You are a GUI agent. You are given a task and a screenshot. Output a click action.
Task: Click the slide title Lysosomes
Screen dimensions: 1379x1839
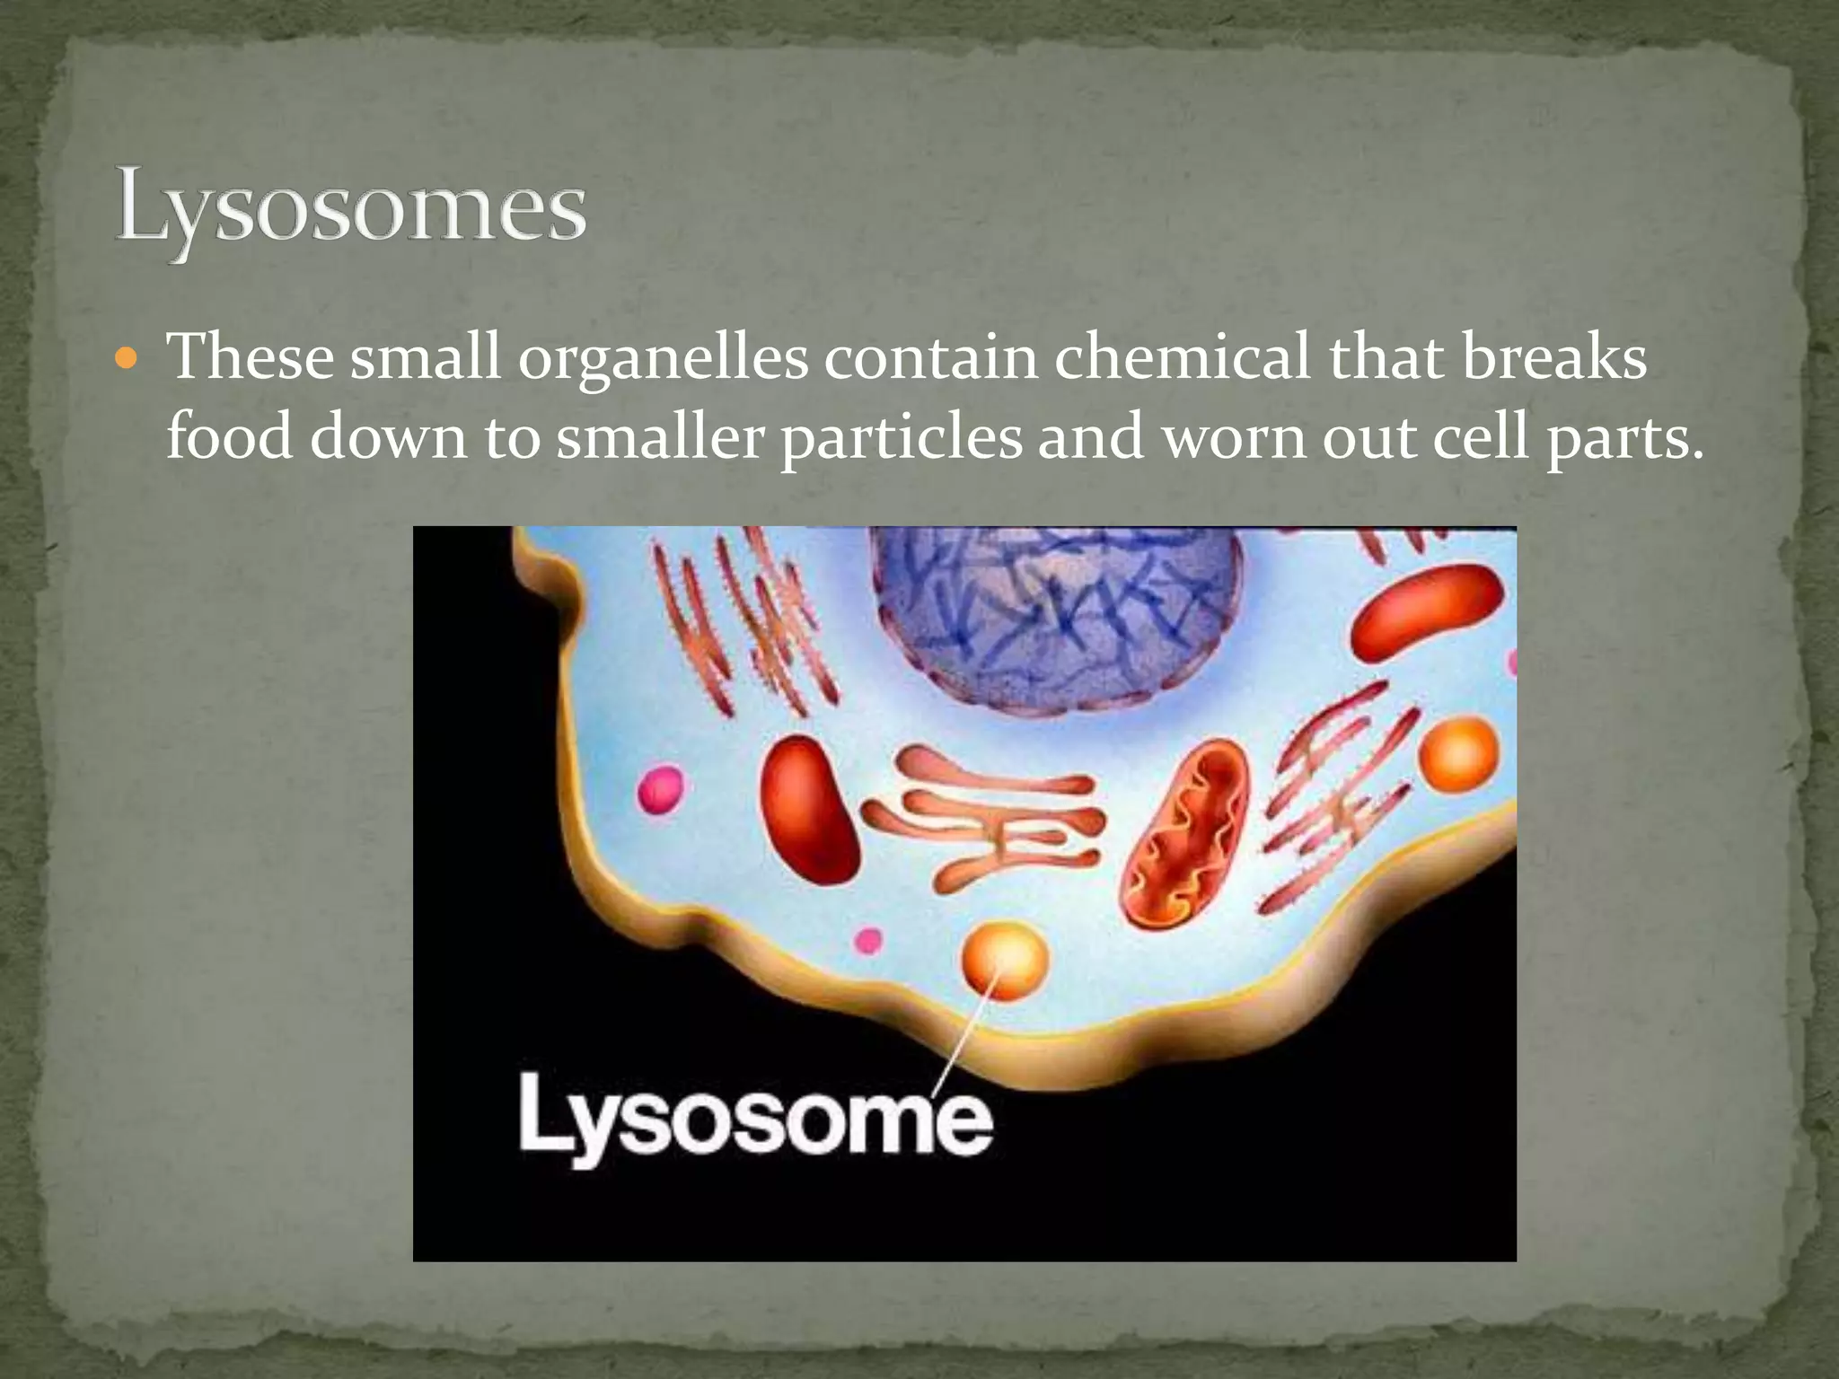[x=350, y=212]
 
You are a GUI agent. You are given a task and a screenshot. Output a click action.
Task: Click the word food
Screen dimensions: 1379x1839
[x=228, y=438]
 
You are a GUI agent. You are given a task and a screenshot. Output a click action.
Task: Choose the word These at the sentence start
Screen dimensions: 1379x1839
[x=251, y=357]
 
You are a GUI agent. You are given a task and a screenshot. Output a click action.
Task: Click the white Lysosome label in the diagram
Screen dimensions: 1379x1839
[x=755, y=1118]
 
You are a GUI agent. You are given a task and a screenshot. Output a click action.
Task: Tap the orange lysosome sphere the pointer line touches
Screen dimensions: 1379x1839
[x=1005, y=959]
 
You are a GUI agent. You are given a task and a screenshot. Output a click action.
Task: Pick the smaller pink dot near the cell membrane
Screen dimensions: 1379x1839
[x=867, y=941]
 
